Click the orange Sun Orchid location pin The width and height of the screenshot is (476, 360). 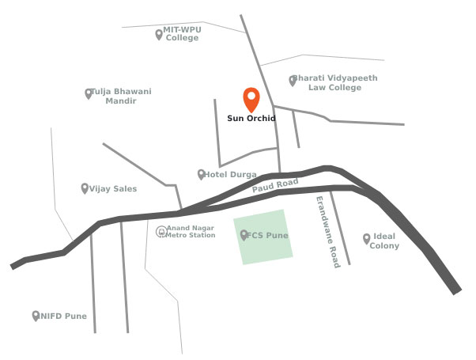(251, 100)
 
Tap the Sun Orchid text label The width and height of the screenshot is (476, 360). (251, 119)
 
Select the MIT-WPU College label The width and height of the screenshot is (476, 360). (183, 33)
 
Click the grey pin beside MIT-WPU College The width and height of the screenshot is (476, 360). (159, 33)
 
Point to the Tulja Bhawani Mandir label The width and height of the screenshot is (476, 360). (121, 96)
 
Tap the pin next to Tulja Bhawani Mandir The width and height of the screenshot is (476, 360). (89, 93)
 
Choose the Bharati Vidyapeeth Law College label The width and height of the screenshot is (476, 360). (336, 83)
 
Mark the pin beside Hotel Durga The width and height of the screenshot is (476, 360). (201, 173)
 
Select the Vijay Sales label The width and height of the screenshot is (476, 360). (113, 188)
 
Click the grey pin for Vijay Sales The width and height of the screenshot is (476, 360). (84, 188)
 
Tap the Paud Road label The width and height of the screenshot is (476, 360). (275, 186)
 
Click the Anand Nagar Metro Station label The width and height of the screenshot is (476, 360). (191, 231)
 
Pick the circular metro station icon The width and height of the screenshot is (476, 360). (161, 231)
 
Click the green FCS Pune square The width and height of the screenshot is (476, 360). (264, 237)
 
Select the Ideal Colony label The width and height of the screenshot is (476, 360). (384, 241)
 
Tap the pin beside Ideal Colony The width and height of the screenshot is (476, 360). (366, 238)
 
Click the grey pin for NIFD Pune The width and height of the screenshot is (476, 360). (36, 315)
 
